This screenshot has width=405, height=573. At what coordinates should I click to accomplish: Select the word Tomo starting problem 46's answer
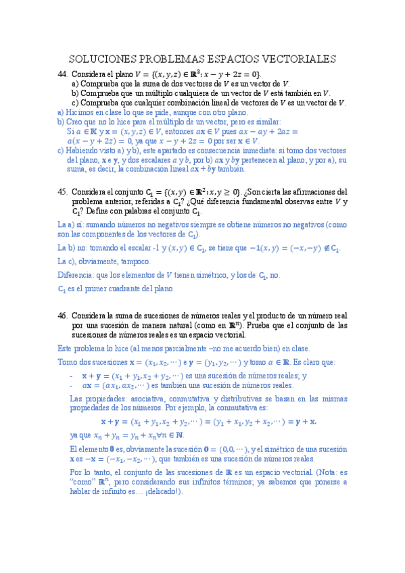tap(68, 362)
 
